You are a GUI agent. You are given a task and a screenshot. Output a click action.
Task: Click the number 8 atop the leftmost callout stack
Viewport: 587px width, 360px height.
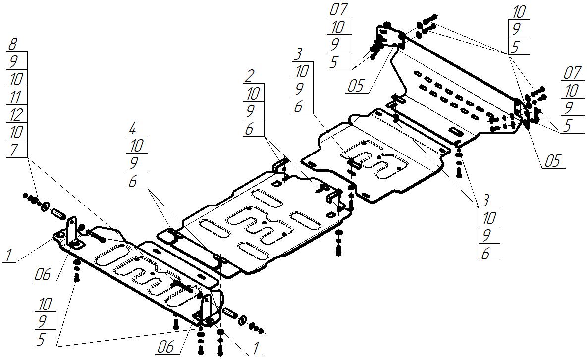coord(13,44)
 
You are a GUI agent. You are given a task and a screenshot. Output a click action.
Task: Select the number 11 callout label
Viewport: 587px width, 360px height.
coord(16,97)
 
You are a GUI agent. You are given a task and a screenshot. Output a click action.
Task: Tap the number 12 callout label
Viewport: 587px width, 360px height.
coord(16,115)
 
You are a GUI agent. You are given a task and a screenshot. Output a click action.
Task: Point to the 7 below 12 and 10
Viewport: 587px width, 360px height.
coord(14,150)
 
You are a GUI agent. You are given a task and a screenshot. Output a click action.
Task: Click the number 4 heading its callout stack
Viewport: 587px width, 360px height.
coord(132,129)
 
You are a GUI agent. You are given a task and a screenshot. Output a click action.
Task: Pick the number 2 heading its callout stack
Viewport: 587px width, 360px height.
coord(250,76)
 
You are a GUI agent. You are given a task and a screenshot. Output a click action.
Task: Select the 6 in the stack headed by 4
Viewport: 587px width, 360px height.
coord(133,181)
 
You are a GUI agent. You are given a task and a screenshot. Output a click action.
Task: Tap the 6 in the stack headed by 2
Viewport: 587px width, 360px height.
coord(250,129)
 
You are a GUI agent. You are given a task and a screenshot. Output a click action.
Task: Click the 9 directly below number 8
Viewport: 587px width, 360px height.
coord(13,61)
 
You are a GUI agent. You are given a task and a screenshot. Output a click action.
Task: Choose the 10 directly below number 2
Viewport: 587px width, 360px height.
coord(253,93)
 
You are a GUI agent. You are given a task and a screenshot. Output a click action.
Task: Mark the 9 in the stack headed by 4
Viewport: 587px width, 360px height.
coord(133,163)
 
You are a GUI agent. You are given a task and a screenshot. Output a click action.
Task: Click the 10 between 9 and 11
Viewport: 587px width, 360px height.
coord(16,79)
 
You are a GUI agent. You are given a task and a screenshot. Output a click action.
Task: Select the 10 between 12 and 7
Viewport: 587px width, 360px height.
coord(16,132)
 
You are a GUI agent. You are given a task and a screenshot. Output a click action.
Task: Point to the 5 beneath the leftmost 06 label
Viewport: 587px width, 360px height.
coord(42,339)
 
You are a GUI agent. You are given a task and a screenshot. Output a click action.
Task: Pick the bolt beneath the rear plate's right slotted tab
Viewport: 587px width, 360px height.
coord(458,171)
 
